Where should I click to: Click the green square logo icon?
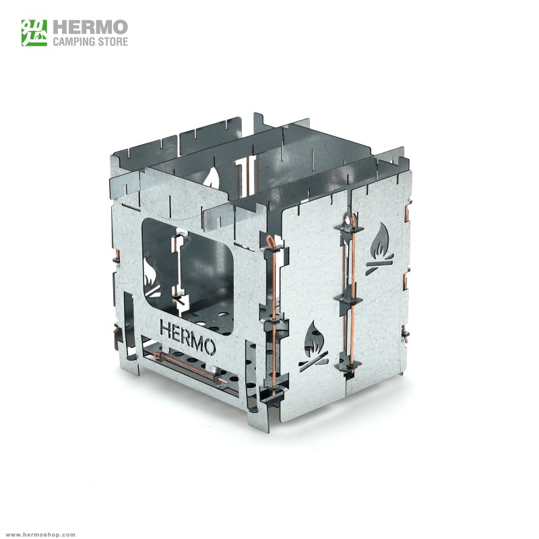[x=34, y=32]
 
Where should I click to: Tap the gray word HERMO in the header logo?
[x=90, y=27]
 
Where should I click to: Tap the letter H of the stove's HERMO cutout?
[x=166, y=329]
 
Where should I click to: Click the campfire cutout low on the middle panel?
[x=313, y=345]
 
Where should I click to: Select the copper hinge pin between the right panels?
[x=350, y=296]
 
